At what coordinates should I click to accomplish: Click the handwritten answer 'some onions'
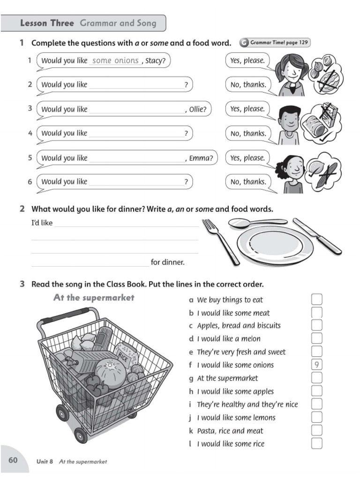tap(115, 60)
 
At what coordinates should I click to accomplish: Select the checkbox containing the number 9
tap(317, 365)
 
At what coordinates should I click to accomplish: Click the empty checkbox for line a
tap(317, 299)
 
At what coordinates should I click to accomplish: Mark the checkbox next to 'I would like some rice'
tap(317, 443)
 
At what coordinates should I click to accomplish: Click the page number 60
tap(13, 460)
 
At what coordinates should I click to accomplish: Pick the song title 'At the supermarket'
tap(94, 298)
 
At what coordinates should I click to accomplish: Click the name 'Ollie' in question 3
tap(197, 109)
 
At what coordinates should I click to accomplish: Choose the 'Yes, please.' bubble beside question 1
tap(247, 60)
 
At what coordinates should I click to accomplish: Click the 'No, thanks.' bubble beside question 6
tap(248, 182)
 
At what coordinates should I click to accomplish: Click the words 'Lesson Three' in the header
tap(47, 23)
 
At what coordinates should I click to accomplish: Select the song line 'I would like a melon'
tap(228, 338)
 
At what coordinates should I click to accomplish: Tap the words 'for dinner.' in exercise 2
tap(167, 262)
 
